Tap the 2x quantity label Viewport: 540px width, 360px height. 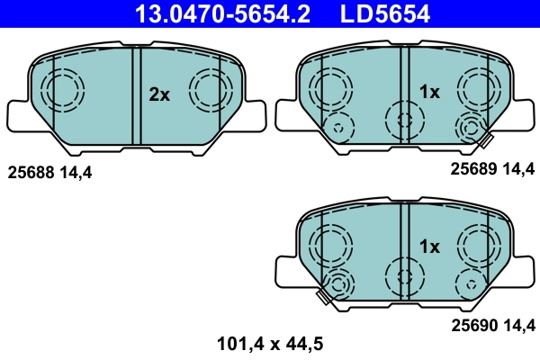[159, 94]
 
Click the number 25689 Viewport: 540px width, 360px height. [473, 168]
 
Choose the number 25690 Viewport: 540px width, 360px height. [473, 324]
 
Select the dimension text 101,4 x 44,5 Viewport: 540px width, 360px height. [270, 342]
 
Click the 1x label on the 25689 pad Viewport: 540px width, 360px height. [429, 92]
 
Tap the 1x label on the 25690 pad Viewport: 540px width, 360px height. [429, 246]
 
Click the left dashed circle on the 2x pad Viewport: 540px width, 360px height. [62, 90]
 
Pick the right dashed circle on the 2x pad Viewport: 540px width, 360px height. [210, 90]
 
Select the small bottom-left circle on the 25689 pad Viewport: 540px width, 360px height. [339, 128]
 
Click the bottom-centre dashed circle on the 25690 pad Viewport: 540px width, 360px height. [402, 274]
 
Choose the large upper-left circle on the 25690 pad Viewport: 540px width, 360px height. [330, 241]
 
